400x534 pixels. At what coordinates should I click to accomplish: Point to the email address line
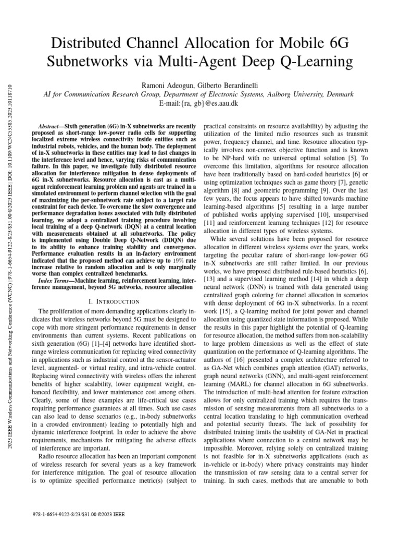(200, 104)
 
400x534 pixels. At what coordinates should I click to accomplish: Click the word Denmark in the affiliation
(338, 94)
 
